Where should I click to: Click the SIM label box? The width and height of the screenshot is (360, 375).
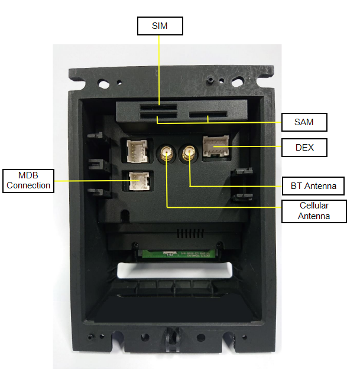pos(160,26)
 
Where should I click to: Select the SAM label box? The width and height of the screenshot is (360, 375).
pos(304,122)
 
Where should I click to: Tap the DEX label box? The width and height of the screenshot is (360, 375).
pos(304,148)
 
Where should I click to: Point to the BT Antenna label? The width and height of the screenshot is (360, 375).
pos(314,186)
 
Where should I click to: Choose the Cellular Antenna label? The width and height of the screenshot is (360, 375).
pos(313,211)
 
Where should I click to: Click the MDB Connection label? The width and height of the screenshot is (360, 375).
pos(27,180)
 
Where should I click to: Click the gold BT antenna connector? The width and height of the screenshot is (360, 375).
pos(190,155)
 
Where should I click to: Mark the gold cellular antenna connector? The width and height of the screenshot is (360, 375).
pos(166,155)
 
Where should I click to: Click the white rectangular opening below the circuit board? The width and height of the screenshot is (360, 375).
pos(176,270)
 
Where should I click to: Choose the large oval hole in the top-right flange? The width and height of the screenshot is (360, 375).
pos(241,77)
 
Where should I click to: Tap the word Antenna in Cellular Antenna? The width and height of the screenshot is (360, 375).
pos(313,216)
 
